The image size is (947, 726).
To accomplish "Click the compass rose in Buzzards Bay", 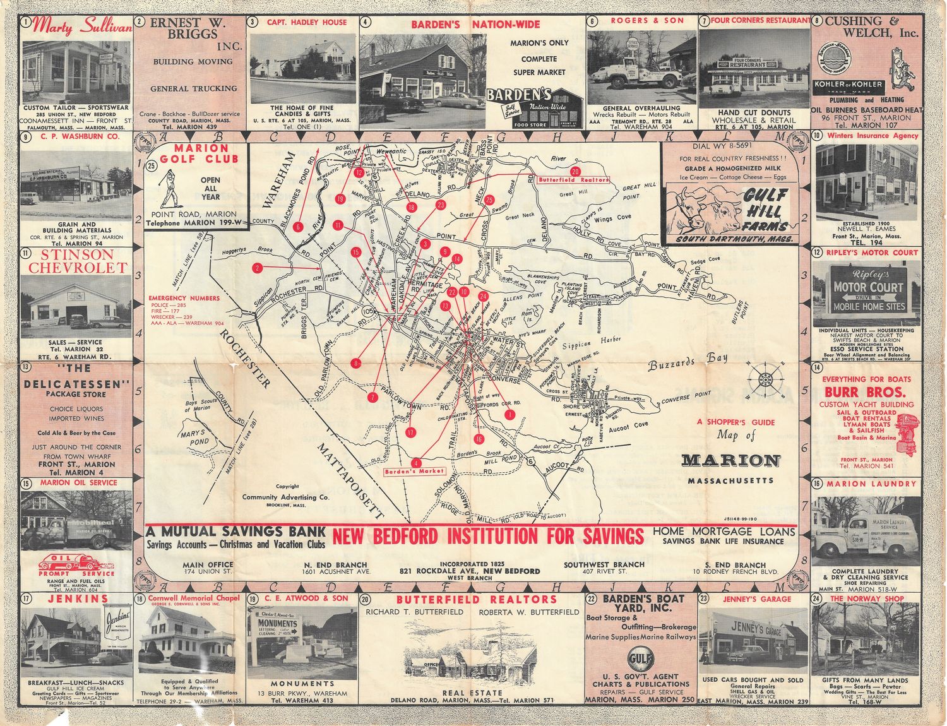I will [766, 379].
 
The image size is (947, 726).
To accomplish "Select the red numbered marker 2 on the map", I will [257, 268].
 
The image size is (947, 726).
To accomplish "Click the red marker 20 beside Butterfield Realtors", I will [575, 171].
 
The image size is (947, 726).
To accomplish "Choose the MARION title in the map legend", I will [731, 461].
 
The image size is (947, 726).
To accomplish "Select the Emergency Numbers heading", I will [184, 298].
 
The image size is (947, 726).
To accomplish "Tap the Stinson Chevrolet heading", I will [78, 261].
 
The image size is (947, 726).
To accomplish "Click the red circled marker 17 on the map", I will [411, 432].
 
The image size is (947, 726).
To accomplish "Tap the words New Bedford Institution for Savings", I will [488, 537].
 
